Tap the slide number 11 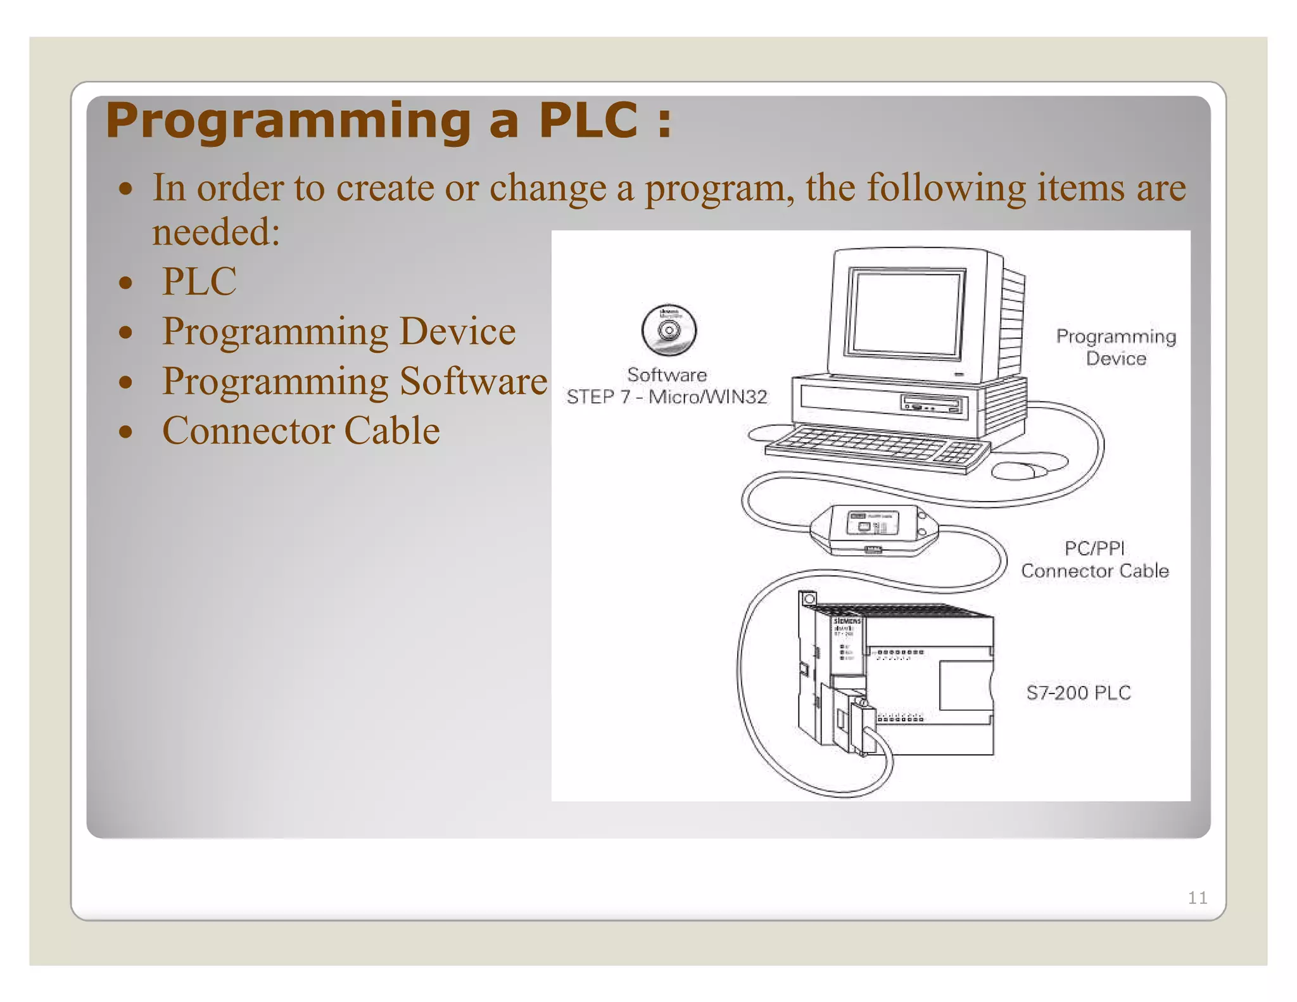coord(1197,897)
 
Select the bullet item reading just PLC coord(199,281)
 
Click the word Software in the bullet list coord(473,381)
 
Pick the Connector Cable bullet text coord(301,431)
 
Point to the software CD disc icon coord(668,330)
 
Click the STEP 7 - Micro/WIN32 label coord(667,397)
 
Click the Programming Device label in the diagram coord(1115,347)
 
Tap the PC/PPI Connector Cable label coord(1094,560)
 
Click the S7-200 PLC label coord(1078,692)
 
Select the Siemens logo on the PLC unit coord(846,621)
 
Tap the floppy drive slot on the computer coord(933,403)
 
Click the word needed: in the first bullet coord(216,232)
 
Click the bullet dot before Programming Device coord(126,332)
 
